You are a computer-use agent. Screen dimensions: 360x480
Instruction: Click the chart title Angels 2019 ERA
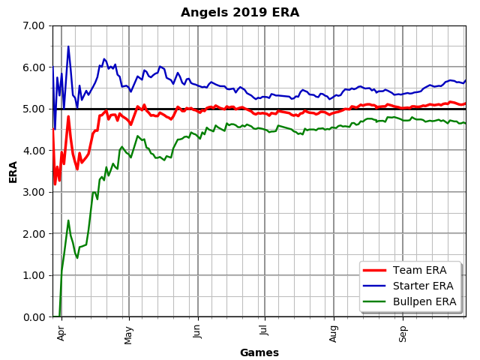coord(240,13)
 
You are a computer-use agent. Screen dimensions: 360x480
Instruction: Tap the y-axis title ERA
coord(13,171)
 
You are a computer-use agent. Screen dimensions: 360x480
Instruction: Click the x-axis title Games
coord(259,352)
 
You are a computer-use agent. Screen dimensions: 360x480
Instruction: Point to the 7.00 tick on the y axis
coord(34,25)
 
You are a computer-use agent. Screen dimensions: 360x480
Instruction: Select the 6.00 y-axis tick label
coord(34,67)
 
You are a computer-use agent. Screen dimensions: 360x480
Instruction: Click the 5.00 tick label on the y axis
coord(34,109)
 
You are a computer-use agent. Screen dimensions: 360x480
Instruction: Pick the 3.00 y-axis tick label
coord(34,192)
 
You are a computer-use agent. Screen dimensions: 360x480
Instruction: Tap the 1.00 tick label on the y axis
coord(34,275)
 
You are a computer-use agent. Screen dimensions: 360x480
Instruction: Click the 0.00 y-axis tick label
coord(34,316)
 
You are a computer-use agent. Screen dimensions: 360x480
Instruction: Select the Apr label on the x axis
coord(61,331)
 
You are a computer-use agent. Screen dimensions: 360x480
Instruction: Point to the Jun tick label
coord(197,331)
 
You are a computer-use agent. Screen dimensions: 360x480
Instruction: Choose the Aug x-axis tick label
coord(334,332)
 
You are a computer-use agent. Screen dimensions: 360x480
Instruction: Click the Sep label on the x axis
coord(403,331)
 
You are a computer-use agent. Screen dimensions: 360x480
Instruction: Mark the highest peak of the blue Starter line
coord(68,46)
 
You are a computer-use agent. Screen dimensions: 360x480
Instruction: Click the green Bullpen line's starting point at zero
coord(59,316)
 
